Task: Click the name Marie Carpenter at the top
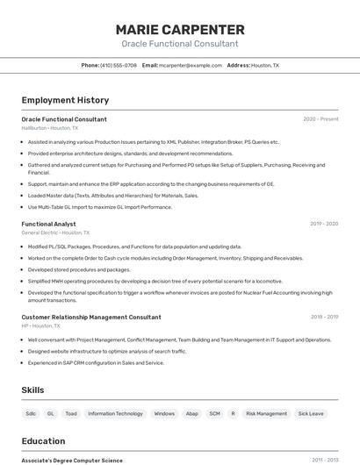pos(179,28)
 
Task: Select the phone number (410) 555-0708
pos(118,66)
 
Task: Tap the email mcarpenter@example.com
pos(191,66)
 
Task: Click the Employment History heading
pos(65,100)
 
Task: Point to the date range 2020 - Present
pos(320,119)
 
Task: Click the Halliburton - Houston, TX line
pos(49,128)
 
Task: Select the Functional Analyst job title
pos(48,224)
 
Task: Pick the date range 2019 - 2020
pos(323,224)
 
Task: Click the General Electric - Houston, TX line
pos(55,232)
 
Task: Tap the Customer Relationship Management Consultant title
pos(91,317)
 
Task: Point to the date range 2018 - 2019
pos(324,317)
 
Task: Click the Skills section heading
pos(32,390)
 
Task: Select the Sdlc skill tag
pos(31,413)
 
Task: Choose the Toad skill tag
pos(71,413)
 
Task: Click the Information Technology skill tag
pos(115,413)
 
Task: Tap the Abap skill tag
pos(192,413)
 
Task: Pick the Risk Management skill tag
pos(266,413)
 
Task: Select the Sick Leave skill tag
pos(311,413)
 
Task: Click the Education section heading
pos(43,441)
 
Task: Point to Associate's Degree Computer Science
pos(72,460)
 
